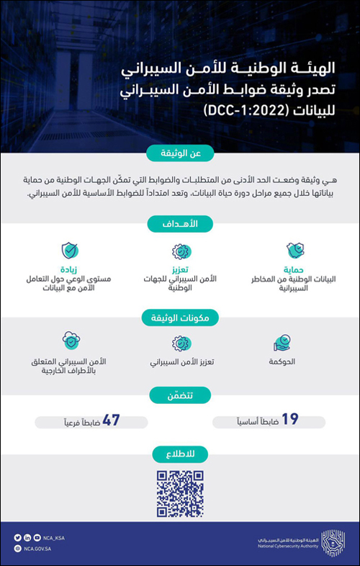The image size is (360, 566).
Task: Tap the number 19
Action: pyautogui.click(x=289, y=418)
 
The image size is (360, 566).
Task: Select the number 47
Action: pyautogui.click(x=112, y=419)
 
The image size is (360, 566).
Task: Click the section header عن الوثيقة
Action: pyautogui.click(x=180, y=153)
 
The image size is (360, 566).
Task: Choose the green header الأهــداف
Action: pyautogui.click(x=180, y=224)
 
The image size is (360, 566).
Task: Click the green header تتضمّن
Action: pyautogui.click(x=180, y=394)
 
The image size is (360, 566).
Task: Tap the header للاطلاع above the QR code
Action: pyautogui.click(x=180, y=453)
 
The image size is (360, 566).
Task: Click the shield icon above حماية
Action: pyautogui.click(x=294, y=251)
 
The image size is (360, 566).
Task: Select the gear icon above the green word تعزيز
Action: pyautogui.click(x=180, y=251)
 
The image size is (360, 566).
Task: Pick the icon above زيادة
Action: pyautogui.click(x=70, y=251)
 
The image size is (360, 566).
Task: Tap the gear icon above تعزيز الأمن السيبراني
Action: pyautogui.click(x=180, y=341)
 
